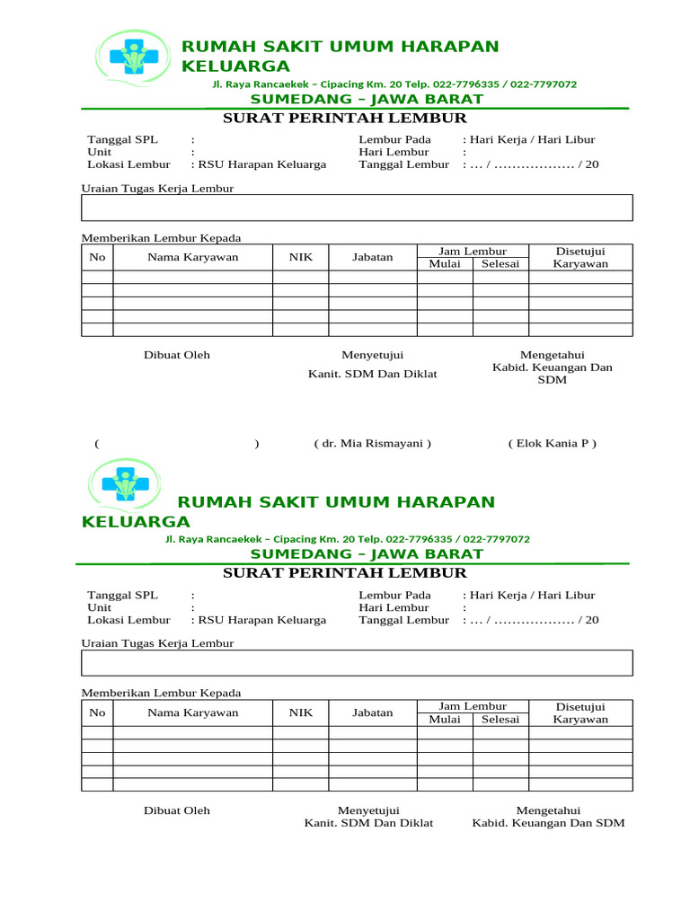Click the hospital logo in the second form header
125,485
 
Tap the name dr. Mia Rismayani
372,444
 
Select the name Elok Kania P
552,444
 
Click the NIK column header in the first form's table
300,257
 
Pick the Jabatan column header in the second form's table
372,712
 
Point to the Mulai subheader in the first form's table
444,263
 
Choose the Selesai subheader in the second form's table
500,719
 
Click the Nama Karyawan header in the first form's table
192,257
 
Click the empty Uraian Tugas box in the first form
357,208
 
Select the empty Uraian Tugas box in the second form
357,663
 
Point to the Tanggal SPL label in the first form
122,140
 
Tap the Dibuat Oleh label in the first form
177,355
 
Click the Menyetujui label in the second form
367,810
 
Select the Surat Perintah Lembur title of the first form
344,119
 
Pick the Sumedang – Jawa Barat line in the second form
366,554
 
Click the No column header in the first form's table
97,257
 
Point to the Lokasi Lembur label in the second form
128,620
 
